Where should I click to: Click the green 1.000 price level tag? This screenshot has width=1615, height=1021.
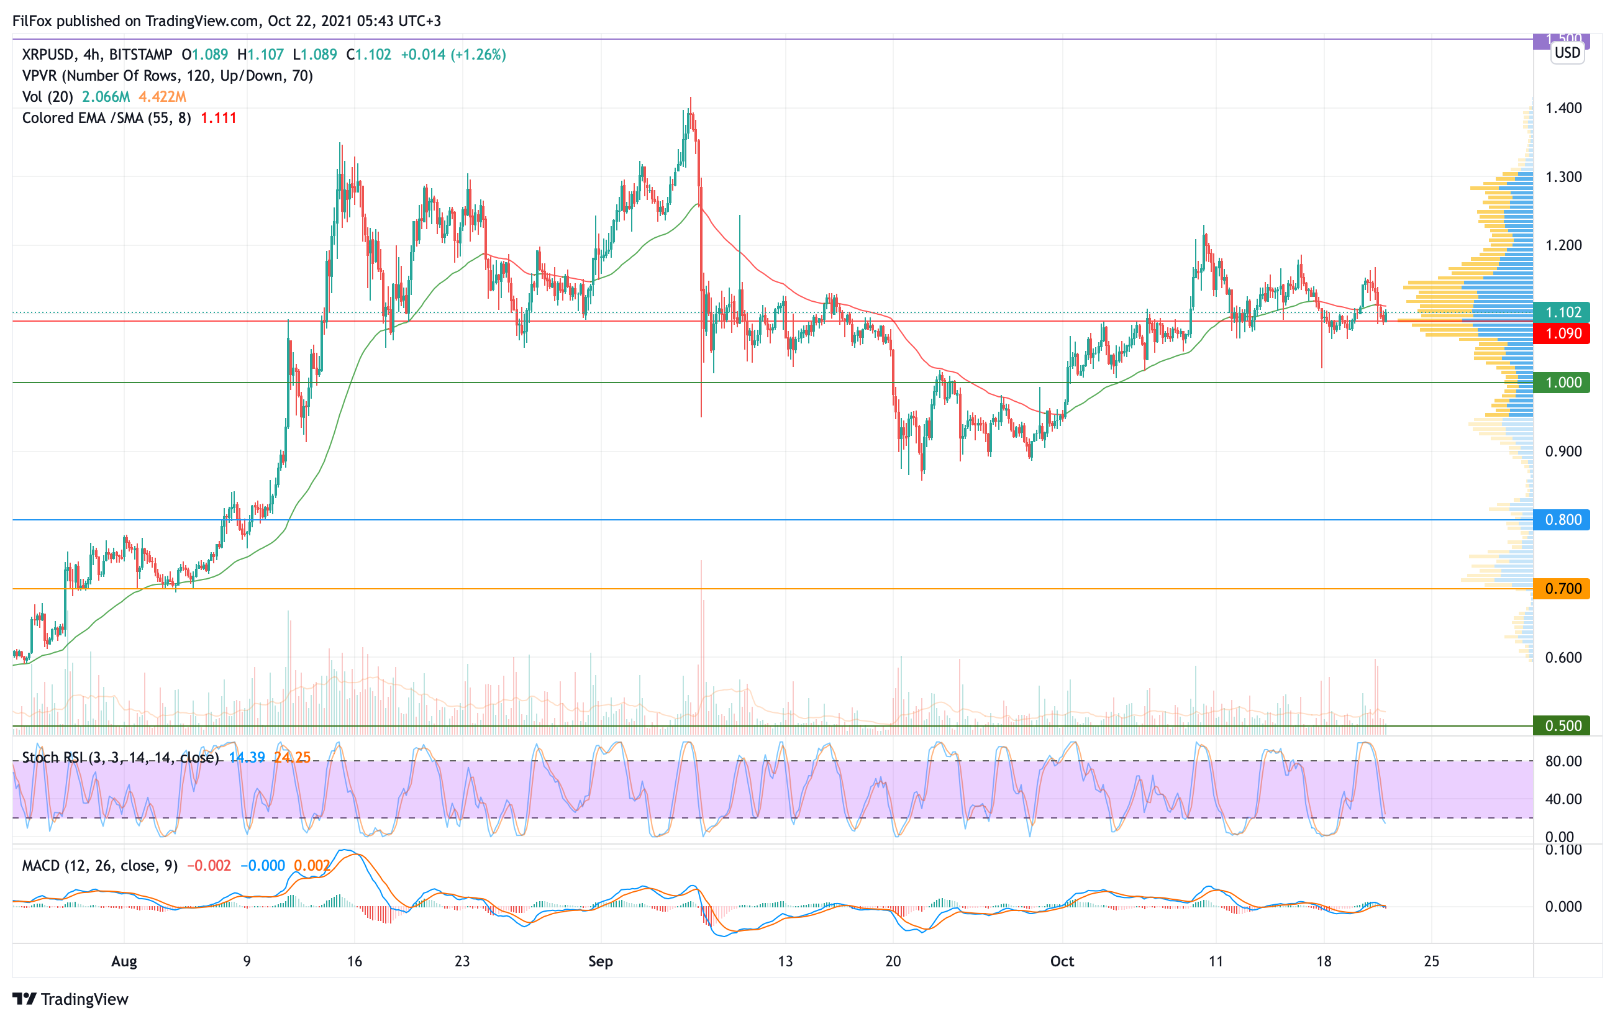pyautogui.click(x=1562, y=382)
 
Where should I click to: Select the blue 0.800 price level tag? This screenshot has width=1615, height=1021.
pyautogui.click(x=1562, y=520)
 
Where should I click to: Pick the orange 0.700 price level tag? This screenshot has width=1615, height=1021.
pyautogui.click(x=1562, y=589)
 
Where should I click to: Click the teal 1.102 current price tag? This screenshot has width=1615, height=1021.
pyautogui.click(x=1562, y=312)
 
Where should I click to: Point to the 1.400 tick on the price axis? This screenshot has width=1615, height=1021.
pyautogui.click(x=1563, y=108)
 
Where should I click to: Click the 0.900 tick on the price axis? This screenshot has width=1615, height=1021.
pyautogui.click(x=1563, y=451)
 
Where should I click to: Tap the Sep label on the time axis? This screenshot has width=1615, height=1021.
pyautogui.click(x=600, y=961)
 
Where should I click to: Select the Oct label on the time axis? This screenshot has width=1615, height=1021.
pyautogui.click(x=1062, y=961)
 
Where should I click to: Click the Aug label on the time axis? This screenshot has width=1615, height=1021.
pyautogui.click(x=124, y=961)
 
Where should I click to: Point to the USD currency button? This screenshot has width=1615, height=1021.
pyautogui.click(x=1567, y=53)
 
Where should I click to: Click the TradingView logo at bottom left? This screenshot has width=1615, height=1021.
pyautogui.click(x=70, y=999)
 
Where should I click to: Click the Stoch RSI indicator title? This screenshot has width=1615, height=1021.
pyautogui.click(x=121, y=758)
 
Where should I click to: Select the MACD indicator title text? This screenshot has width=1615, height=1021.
pyautogui.click(x=99, y=866)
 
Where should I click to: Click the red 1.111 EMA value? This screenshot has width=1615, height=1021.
pyautogui.click(x=219, y=118)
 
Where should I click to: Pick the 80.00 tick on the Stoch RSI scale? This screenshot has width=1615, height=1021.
pyautogui.click(x=1563, y=761)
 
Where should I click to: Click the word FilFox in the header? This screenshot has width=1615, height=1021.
pyautogui.click(x=32, y=20)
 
